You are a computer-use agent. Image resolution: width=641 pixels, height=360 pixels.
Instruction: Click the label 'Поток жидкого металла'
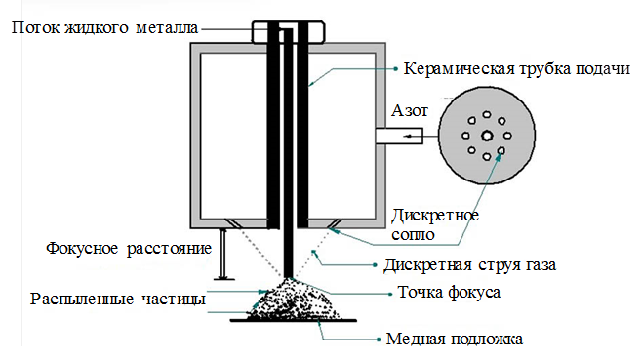pyautogui.click(x=104, y=28)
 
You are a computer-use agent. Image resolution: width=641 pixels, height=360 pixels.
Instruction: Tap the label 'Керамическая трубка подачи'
pyautogui.click(x=517, y=68)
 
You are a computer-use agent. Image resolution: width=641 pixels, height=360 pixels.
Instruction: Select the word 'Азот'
pyautogui.click(x=410, y=111)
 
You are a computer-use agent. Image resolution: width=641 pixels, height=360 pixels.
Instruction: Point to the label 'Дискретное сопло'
pyautogui.click(x=435, y=224)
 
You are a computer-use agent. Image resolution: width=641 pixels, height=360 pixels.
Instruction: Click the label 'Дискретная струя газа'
pyautogui.click(x=469, y=265)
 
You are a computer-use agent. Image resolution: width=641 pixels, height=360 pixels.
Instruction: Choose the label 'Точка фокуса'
pyautogui.click(x=449, y=293)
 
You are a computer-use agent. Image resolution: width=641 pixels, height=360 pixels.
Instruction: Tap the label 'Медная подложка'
pyautogui.click(x=455, y=340)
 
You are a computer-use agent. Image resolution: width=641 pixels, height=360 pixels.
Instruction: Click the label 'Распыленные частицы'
pyautogui.click(x=118, y=300)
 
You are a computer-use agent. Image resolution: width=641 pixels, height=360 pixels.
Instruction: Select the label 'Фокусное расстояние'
pyautogui.click(x=129, y=249)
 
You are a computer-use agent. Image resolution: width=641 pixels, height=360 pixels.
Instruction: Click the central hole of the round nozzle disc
pyautogui.click(x=487, y=136)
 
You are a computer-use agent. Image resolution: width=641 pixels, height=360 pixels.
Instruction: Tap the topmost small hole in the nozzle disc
pyautogui.click(x=487, y=115)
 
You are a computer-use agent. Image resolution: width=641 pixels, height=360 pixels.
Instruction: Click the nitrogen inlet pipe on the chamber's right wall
pyautogui.click(x=399, y=136)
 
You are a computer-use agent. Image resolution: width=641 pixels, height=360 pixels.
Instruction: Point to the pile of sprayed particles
pyautogui.click(x=293, y=300)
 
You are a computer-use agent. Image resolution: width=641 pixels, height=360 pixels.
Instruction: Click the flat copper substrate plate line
pyautogui.click(x=293, y=321)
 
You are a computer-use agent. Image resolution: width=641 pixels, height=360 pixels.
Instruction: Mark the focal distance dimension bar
pyautogui.click(x=223, y=255)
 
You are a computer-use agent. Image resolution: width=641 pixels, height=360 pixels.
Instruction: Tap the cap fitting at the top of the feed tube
pyautogui.click(x=288, y=32)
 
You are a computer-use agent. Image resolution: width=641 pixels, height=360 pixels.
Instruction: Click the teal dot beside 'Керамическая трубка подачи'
pyautogui.click(x=395, y=69)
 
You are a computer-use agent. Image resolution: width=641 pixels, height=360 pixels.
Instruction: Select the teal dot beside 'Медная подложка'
pyautogui.click(x=379, y=340)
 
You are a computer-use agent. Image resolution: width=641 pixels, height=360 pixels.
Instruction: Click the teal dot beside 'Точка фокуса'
pyautogui.click(x=390, y=294)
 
